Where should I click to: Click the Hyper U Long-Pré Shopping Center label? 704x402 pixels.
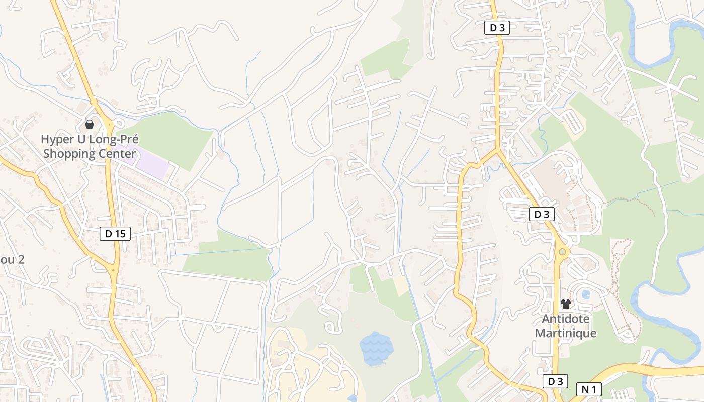point(90,146)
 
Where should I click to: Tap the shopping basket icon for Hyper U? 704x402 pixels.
point(90,124)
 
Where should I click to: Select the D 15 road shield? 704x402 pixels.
point(115,233)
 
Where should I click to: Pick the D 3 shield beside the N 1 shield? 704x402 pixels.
point(556,382)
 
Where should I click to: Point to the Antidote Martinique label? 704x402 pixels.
point(566,326)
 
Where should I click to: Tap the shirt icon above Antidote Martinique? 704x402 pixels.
point(566,304)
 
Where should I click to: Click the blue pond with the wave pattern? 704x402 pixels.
point(376,347)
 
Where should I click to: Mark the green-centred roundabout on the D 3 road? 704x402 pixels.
point(562,251)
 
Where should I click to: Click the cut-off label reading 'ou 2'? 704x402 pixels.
point(12,260)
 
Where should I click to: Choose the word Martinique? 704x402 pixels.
point(566,333)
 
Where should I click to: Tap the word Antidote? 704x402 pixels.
point(566,319)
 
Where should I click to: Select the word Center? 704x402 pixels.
point(119,154)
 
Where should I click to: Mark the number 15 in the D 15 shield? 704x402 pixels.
point(121,233)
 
